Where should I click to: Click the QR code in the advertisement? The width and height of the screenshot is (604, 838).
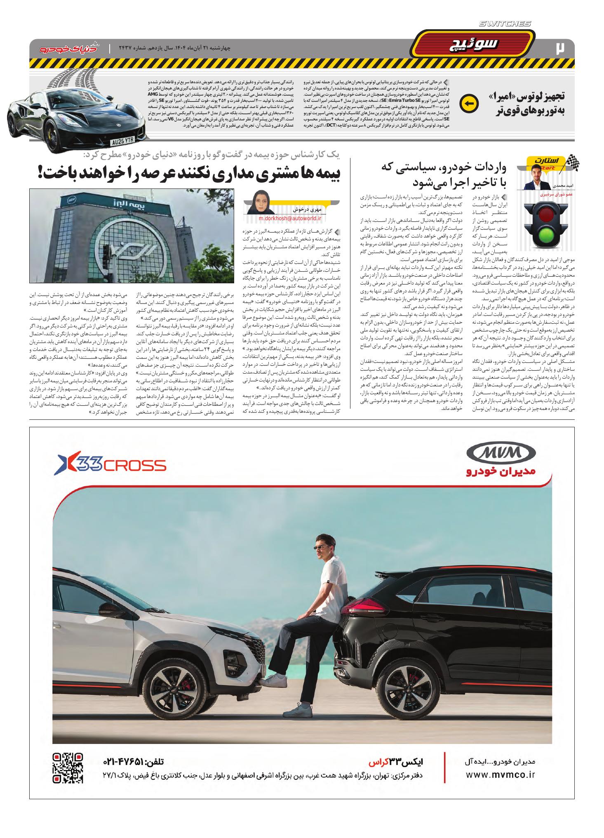tap(68, 768)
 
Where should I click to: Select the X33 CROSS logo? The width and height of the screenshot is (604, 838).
tap(110, 465)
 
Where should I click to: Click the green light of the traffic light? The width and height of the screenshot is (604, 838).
tap(546, 238)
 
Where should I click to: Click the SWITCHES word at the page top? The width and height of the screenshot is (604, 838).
tap(505, 24)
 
